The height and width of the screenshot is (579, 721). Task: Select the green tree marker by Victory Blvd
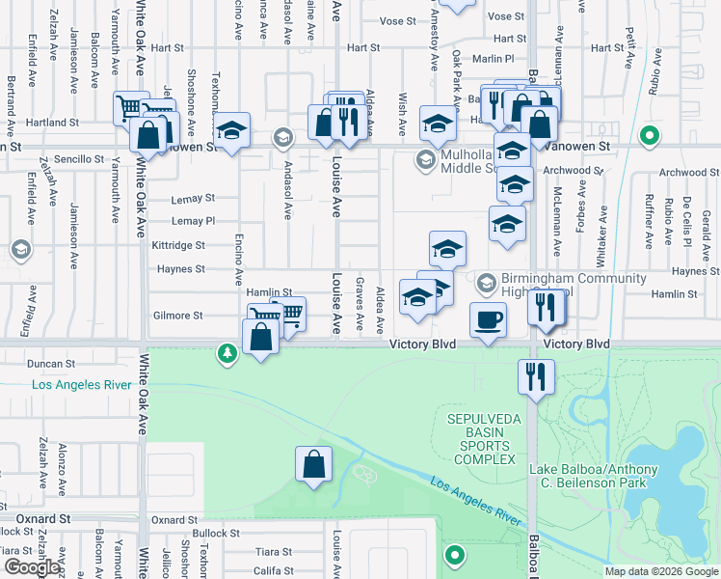click(227, 354)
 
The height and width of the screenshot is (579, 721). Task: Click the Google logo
click(32, 567)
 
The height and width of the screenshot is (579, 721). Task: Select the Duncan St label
click(51, 364)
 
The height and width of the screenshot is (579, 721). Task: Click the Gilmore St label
click(178, 316)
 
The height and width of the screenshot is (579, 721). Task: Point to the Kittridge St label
click(177, 245)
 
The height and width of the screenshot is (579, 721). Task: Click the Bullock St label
click(215, 533)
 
